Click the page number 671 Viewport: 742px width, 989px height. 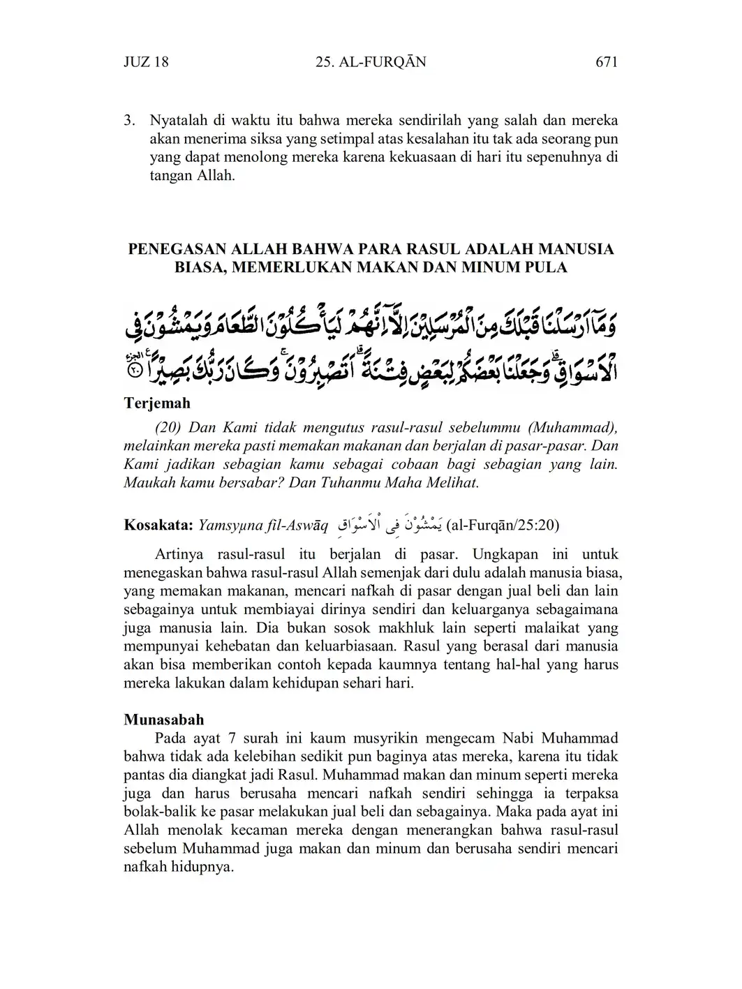pyautogui.click(x=607, y=62)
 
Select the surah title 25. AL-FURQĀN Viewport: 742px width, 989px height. pyautogui.click(x=371, y=62)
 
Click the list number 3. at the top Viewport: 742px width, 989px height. pyautogui.click(x=129, y=121)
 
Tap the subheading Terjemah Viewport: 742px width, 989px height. pyautogui.click(x=157, y=403)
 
